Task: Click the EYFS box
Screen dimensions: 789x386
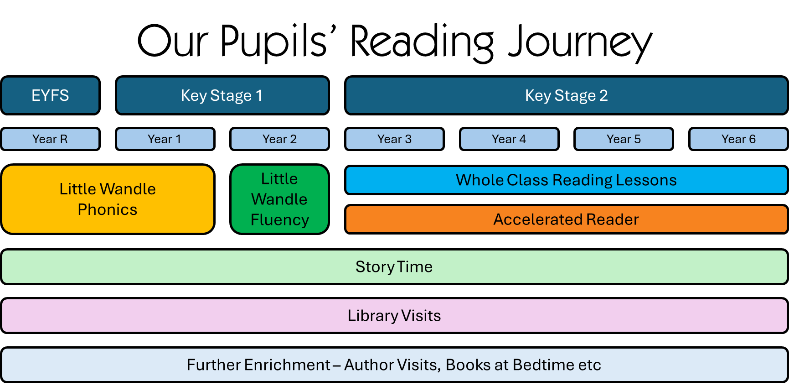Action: coord(50,95)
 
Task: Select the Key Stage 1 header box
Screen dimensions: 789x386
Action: coord(222,95)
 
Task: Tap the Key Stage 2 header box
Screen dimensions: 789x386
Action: coord(567,95)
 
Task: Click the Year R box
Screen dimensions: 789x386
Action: coord(50,139)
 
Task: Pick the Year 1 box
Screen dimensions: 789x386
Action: coord(165,139)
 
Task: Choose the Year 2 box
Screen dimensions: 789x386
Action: coord(279,139)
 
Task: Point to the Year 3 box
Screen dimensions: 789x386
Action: coord(394,139)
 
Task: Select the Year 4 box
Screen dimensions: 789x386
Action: coord(509,139)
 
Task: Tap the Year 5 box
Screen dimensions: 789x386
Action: coord(624,139)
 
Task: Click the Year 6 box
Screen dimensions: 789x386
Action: coord(738,139)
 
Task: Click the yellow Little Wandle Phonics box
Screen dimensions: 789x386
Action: coord(108,199)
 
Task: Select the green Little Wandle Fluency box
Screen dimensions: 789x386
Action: coord(279,199)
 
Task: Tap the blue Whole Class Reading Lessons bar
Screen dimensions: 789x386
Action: coord(567,180)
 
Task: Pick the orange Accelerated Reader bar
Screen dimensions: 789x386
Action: coord(567,219)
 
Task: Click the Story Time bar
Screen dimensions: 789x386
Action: coord(394,267)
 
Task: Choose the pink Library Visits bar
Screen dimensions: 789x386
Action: coord(394,316)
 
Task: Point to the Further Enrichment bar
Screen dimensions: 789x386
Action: coord(394,365)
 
